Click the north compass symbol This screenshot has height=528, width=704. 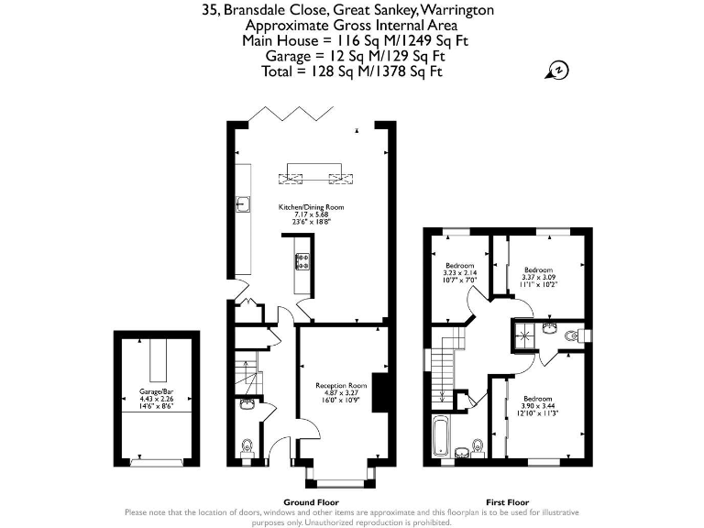[556, 71]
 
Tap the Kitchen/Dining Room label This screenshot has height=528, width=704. [311, 208]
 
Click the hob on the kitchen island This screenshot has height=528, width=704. [302, 262]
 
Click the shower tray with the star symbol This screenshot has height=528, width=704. [525, 336]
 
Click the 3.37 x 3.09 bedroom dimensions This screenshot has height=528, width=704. [538, 277]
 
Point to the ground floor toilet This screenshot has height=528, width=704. [247, 446]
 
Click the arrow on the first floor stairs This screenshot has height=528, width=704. [443, 395]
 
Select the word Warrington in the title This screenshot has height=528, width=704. [456, 11]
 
